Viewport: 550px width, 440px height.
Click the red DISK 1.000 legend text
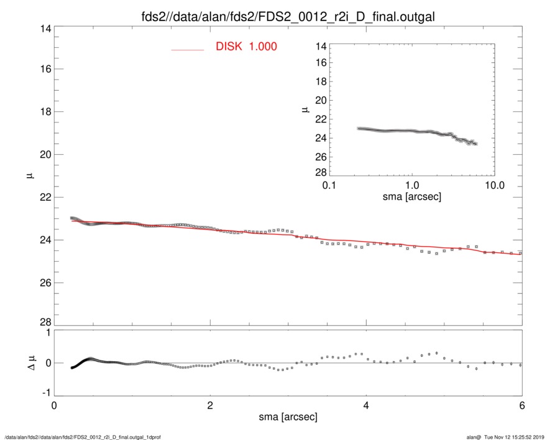246,47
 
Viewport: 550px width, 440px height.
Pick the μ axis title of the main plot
29,176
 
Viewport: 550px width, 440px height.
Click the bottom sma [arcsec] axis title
287,417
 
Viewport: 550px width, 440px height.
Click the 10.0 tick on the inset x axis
494,186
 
